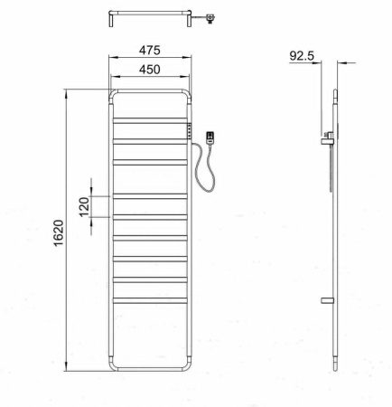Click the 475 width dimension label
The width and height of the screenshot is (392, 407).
coord(150,50)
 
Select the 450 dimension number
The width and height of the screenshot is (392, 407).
coord(150,70)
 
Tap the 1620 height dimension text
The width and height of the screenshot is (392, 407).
coord(59,232)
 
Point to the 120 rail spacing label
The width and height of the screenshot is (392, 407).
coord(85,206)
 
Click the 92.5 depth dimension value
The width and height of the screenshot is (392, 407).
coord(302,56)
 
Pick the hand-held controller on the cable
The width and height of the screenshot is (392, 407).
coord(210,138)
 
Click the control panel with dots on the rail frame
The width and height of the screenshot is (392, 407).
coord(190,131)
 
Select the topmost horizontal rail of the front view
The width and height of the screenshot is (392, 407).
coord(150,120)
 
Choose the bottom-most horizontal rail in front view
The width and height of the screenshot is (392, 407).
coord(150,300)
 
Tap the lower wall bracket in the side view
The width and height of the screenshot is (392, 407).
coord(327,300)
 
